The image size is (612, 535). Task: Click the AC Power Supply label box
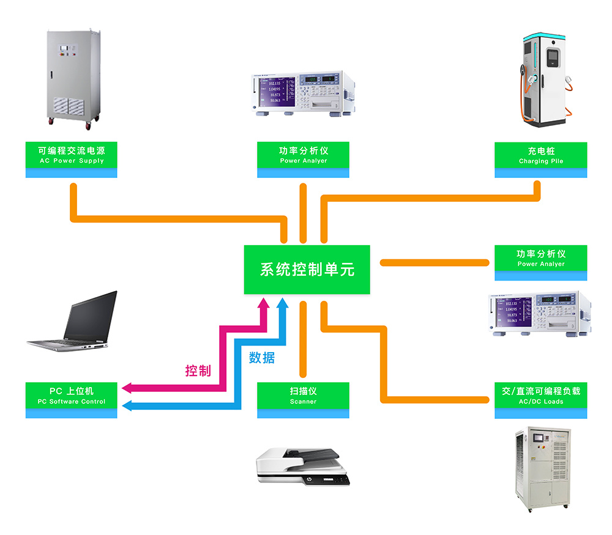[x=72, y=160]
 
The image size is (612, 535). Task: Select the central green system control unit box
[x=307, y=270]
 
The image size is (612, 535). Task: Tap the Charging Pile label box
[x=540, y=160]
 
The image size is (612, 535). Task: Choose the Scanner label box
[x=303, y=400]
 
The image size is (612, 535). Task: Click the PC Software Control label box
[x=72, y=400]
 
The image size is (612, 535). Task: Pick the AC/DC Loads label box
[x=540, y=400]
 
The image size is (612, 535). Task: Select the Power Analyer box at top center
[x=303, y=160]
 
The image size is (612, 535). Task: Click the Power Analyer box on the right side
[x=540, y=263]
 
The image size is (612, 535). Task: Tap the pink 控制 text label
[x=198, y=371]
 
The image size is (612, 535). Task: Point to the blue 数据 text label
[x=262, y=357]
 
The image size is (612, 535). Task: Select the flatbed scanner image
[x=303, y=467]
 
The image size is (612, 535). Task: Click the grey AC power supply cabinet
[x=73, y=79]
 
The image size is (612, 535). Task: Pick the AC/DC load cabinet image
[x=543, y=469]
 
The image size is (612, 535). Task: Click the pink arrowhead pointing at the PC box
[x=127, y=388]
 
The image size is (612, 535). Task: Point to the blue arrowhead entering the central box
[x=283, y=303]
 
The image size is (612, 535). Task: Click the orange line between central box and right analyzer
[x=435, y=262]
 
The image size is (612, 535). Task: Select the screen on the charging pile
[x=552, y=57]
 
